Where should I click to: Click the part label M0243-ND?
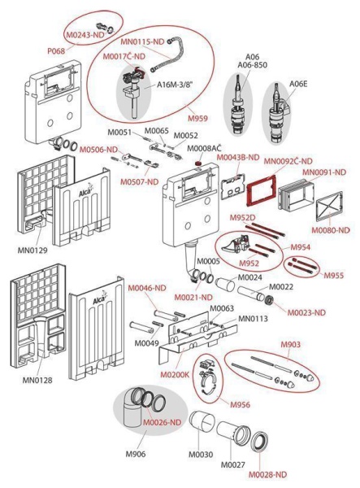click(85, 35)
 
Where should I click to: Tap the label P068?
click(56, 51)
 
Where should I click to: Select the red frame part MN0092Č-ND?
click(262, 190)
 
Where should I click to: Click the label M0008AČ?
click(204, 149)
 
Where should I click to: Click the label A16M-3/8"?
click(175, 85)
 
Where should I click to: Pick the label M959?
click(197, 118)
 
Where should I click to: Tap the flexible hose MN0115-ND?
click(167, 56)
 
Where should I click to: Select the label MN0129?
click(33, 250)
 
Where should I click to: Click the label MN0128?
click(37, 380)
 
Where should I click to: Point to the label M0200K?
click(175, 374)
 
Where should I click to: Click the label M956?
click(240, 404)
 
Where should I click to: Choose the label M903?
click(291, 345)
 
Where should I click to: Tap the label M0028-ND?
click(267, 475)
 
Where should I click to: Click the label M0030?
click(202, 455)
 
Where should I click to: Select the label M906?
click(136, 454)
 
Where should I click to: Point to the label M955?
click(334, 275)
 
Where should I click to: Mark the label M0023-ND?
click(306, 312)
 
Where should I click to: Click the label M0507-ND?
click(139, 181)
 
